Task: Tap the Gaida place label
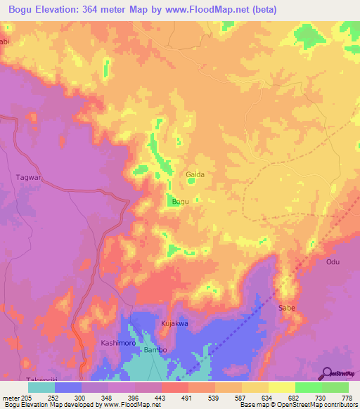195,174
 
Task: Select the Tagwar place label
29,178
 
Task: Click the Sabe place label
287,308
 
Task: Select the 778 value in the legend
347,397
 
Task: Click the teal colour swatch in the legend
41,387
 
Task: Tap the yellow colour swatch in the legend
281,387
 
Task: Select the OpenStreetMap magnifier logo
326,373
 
